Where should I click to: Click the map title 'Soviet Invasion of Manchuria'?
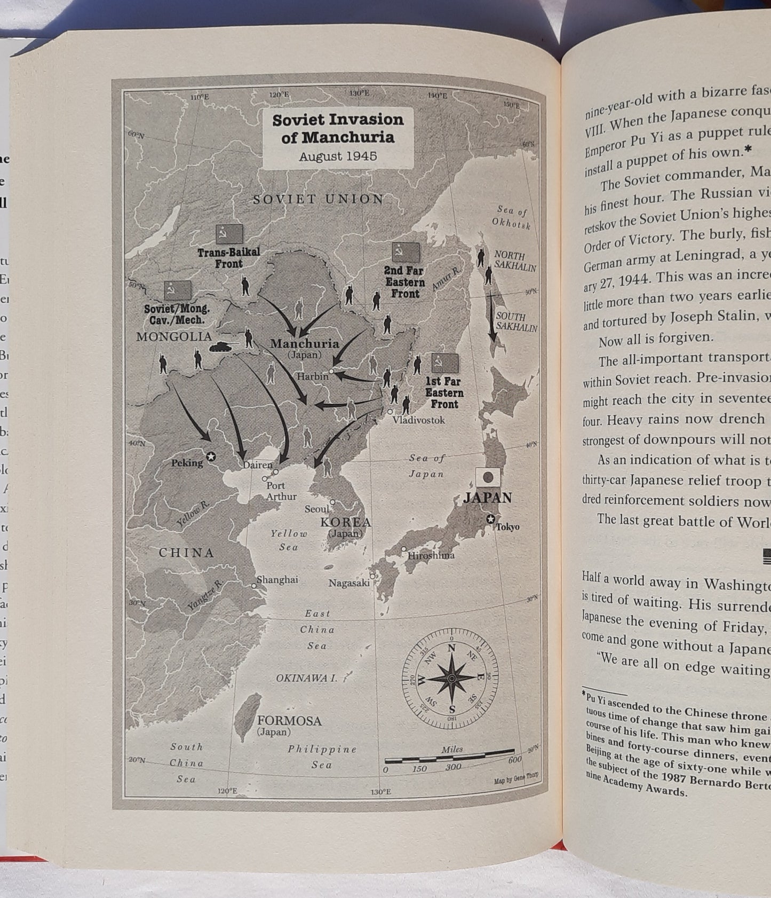click(x=338, y=128)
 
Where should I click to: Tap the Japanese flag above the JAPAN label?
click(x=488, y=477)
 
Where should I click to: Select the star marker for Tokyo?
click(x=490, y=519)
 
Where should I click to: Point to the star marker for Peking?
click(x=211, y=456)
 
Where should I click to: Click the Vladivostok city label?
click(x=418, y=420)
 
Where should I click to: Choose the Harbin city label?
click(x=313, y=376)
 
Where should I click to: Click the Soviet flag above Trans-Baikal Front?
click(x=229, y=234)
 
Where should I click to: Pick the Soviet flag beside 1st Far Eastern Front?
click(x=444, y=364)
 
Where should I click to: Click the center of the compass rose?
click(x=451, y=678)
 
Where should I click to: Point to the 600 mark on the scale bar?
click(x=514, y=760)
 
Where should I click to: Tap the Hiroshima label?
click(x=431, y=555)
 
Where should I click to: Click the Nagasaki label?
click(x=349, y=583)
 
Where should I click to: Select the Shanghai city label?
click(x=277, y=580)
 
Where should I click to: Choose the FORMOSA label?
click(x=289, y=721)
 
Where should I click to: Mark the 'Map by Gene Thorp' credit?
click(x=516, y=781)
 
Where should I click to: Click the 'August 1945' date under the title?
click(x=338, y=156)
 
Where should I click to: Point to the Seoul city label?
click(x=317, y=509)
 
